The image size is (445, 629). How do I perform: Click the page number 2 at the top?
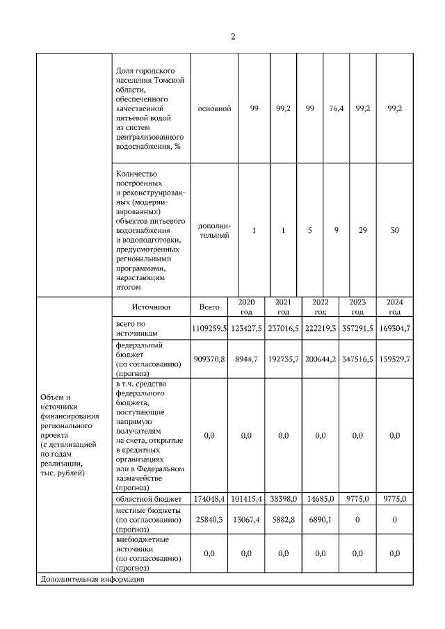[x=233, y=37]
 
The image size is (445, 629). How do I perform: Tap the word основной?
[x=214, y=108]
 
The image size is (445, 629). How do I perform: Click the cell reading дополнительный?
[x=214, y=231]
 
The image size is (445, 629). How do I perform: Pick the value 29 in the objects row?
[x=362, y=231]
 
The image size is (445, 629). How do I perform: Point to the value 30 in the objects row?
[x=394, y=231]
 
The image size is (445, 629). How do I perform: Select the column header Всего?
[x=209, y=307]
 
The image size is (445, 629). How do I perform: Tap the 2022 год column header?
[x=321, y=307]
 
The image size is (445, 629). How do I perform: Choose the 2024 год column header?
[x=394, y=307]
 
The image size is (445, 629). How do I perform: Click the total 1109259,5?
[x=209, y=328]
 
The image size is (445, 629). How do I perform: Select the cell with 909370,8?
[x=209, y=358]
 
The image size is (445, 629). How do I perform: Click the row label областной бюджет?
[x=149, y=498]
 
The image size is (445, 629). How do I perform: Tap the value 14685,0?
[x=321, y=498]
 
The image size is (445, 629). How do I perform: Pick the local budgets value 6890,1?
[x=321, y=519]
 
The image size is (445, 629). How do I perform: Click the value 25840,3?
[x=209, y=519]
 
